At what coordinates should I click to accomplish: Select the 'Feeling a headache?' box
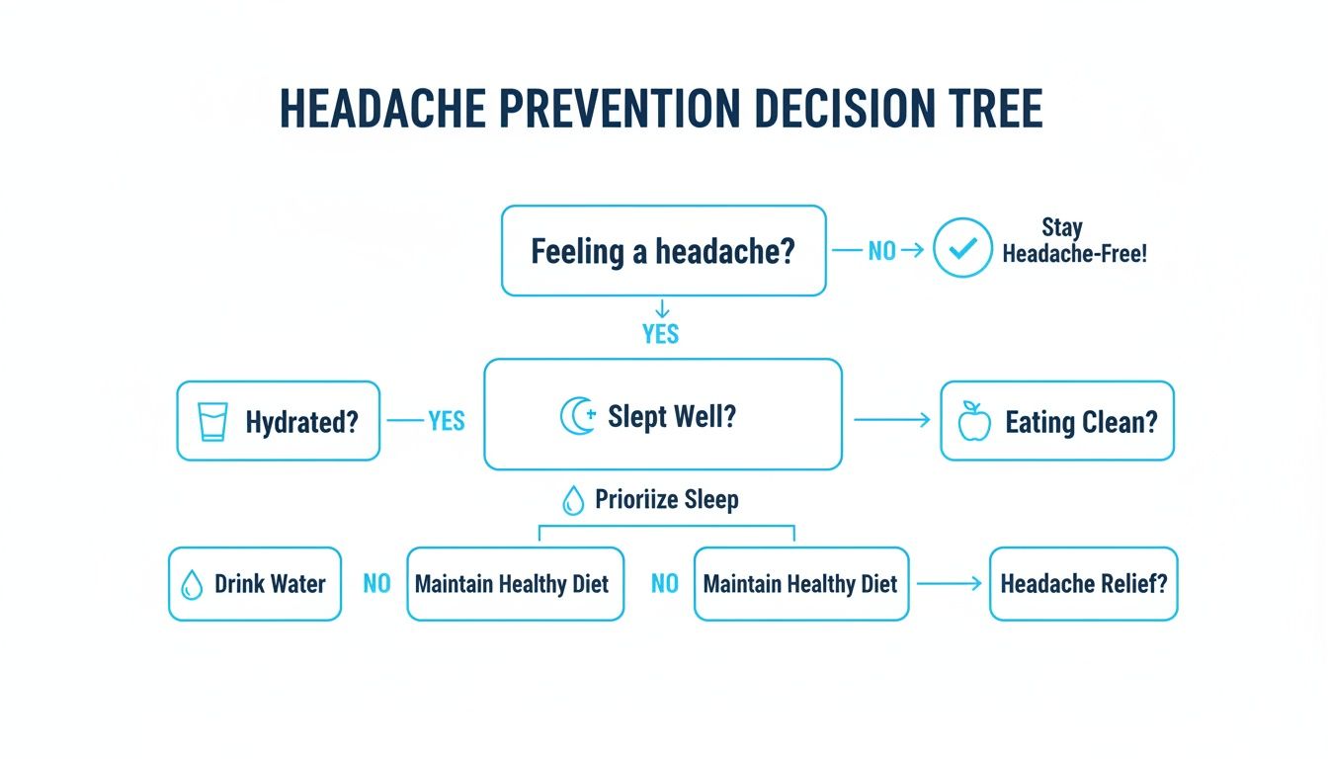[662, 250]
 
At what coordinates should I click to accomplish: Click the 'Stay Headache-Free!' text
[1074, 241]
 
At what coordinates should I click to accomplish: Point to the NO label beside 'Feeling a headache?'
[881, 251]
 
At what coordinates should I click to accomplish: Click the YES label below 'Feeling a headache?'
[660, 334]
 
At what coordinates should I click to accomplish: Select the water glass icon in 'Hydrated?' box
[212, 421]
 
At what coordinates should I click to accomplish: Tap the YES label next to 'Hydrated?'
[446, 421]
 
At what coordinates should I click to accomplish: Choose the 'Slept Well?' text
[672, 416]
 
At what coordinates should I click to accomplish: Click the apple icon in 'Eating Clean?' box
[974, 421]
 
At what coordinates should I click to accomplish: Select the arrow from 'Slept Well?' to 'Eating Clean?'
[891, 420]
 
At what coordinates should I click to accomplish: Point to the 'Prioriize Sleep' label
[666, 499]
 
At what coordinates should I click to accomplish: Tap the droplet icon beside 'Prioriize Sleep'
[572, 501]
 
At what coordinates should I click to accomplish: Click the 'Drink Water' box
[255, 584]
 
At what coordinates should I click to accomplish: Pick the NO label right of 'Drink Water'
[376, 584]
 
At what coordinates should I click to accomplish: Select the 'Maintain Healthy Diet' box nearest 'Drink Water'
[515, 584]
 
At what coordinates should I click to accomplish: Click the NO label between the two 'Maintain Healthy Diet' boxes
[664, 584]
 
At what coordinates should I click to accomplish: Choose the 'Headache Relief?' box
[1083, 584]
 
